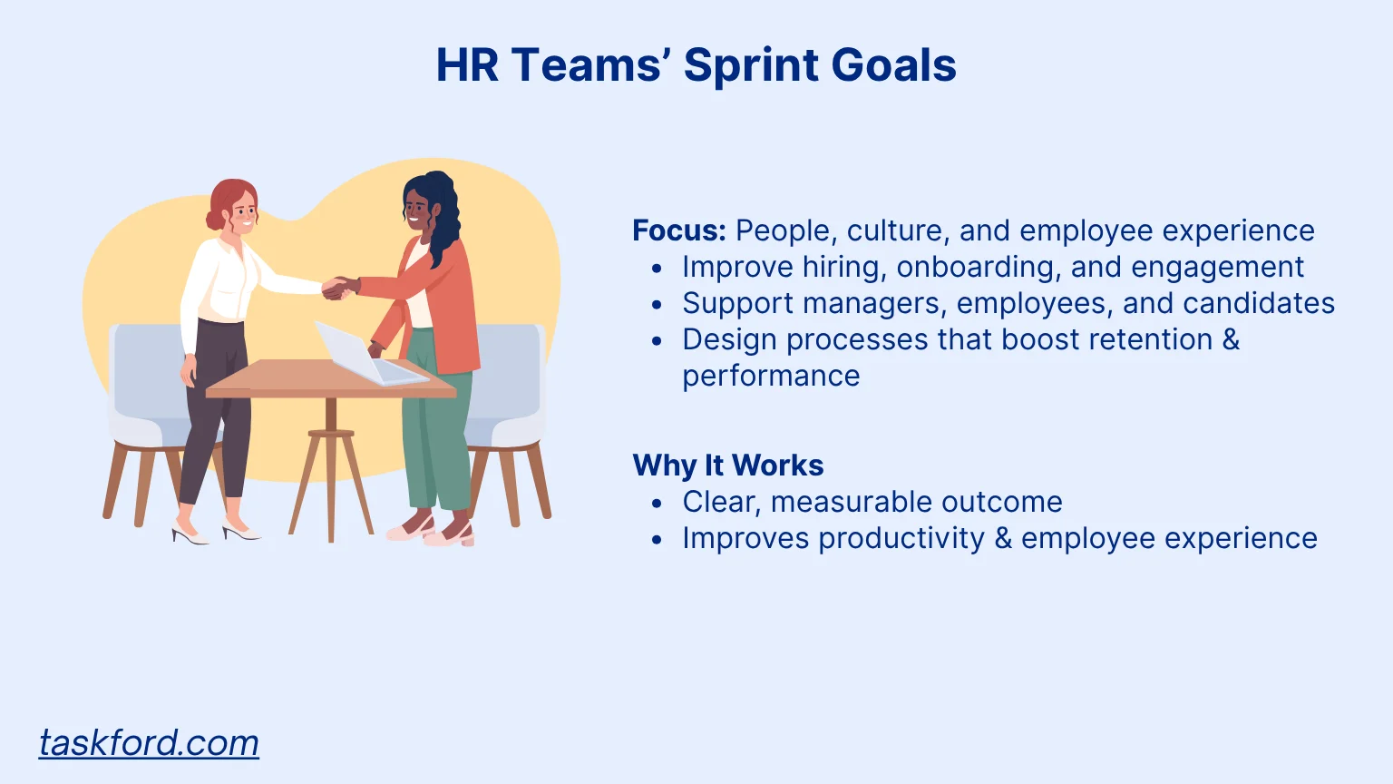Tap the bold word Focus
[679, 230]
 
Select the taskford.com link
[149, 742]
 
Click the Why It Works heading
[728, 465]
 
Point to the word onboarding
[979, 268]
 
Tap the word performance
[771, 377]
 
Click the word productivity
[901, 539]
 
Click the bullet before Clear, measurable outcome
[658, 503]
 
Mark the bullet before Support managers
[658, 305]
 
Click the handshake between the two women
[340, 288]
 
